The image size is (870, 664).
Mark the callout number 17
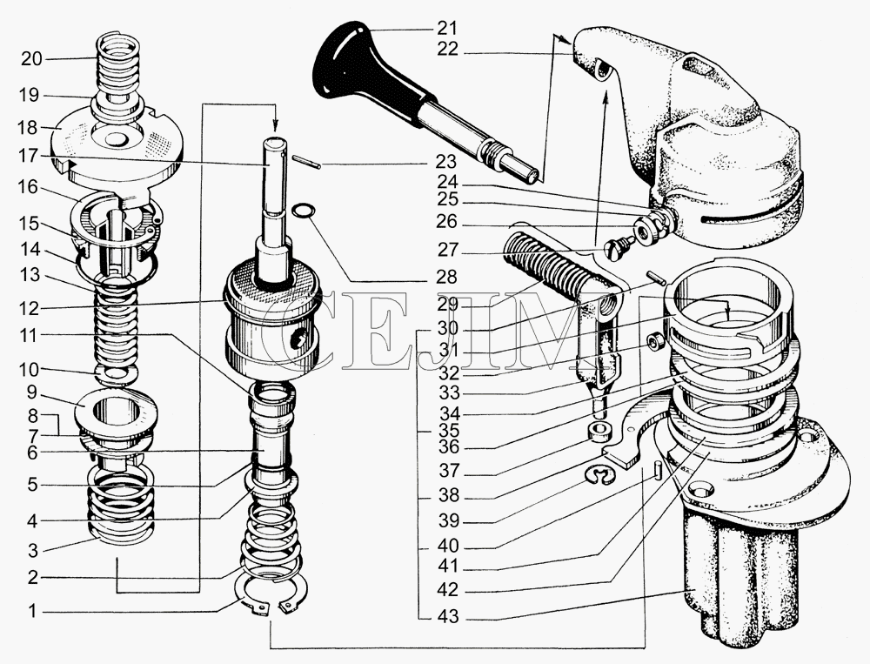[x=31, y=157]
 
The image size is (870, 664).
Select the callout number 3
[x=31, y=549]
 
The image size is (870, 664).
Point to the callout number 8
[x=31, y=415]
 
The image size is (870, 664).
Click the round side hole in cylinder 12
[x=301, y=336]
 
